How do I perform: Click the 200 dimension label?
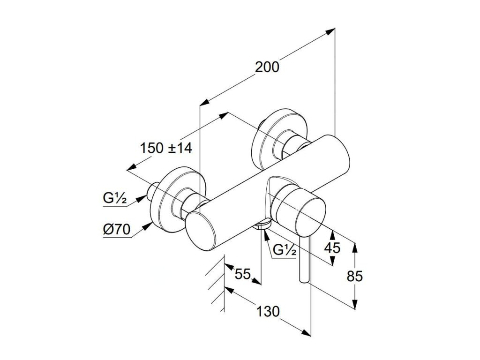coord(267,67)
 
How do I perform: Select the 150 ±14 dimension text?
coord(166,148)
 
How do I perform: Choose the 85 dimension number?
coord(355,277)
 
